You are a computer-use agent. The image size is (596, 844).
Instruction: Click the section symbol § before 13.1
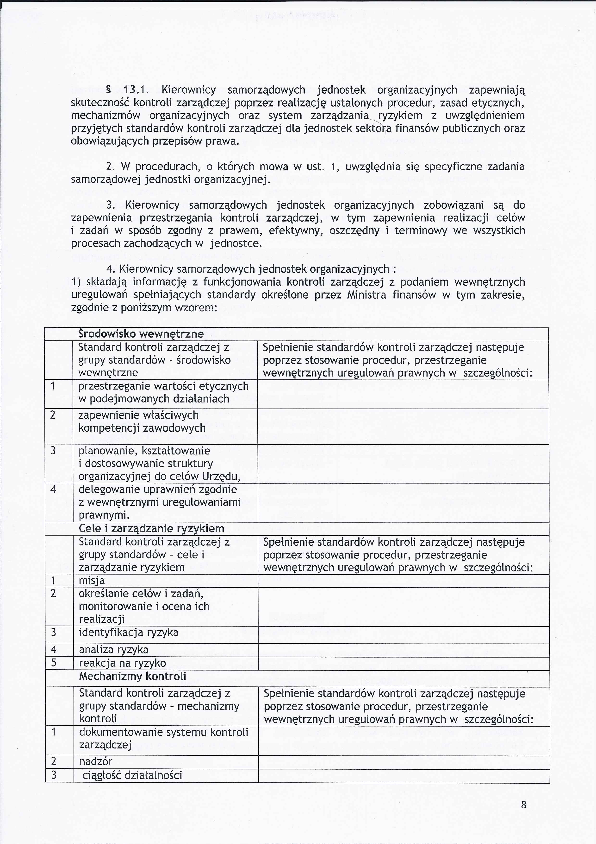tap(108, 90)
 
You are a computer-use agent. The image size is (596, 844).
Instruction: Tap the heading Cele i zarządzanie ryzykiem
tap(151, 529)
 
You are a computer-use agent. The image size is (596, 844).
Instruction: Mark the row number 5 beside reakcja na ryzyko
tap(54, 663)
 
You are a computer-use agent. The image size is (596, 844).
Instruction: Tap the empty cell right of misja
tap(403, 581)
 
